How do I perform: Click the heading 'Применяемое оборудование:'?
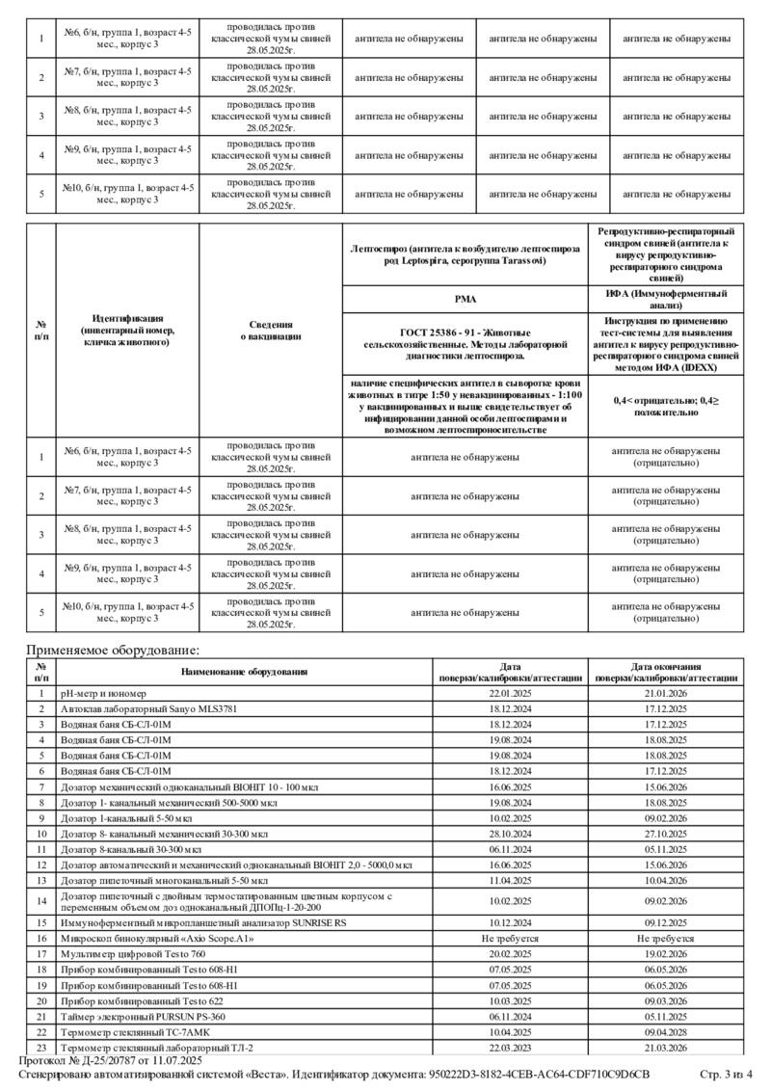pos(113,651)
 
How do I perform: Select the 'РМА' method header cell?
pos(465,299)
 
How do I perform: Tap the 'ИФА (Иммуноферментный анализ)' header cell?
pos(666,299)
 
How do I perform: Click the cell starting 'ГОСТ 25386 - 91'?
pos(465,344)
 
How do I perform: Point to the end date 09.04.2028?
pos(666,1031)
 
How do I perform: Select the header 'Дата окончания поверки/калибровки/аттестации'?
pos(666,672)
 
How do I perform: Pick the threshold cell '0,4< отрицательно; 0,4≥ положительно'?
pos(666,405)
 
